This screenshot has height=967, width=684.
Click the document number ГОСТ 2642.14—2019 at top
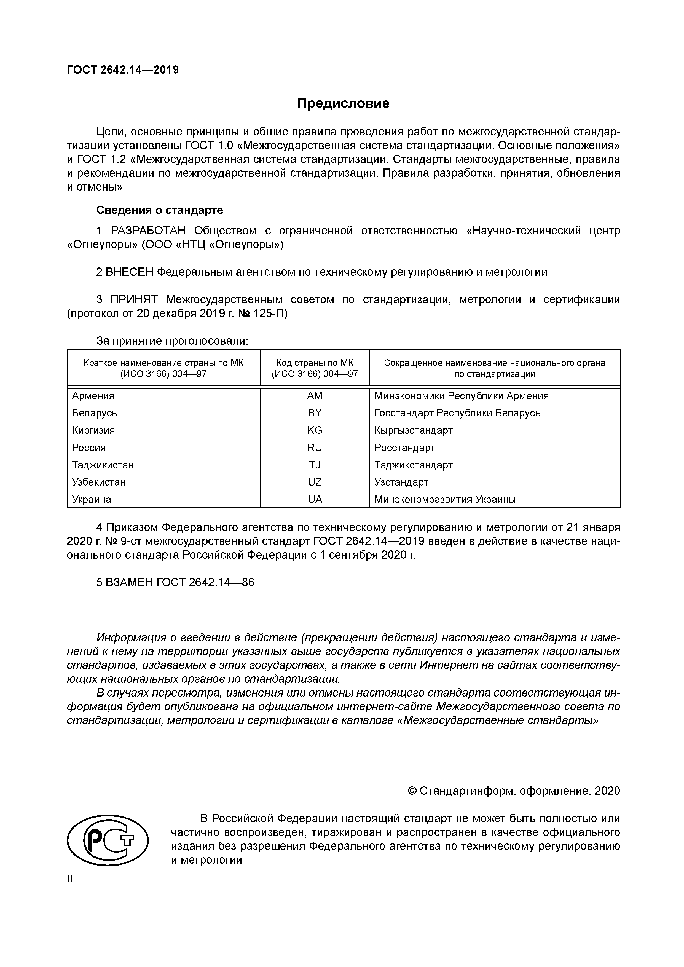[123, 70]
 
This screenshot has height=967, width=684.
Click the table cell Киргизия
[93, 430]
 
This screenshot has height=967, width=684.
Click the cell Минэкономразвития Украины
[445, 500]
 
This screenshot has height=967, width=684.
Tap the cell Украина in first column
[92, 500]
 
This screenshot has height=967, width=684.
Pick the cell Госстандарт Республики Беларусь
[457, 413]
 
